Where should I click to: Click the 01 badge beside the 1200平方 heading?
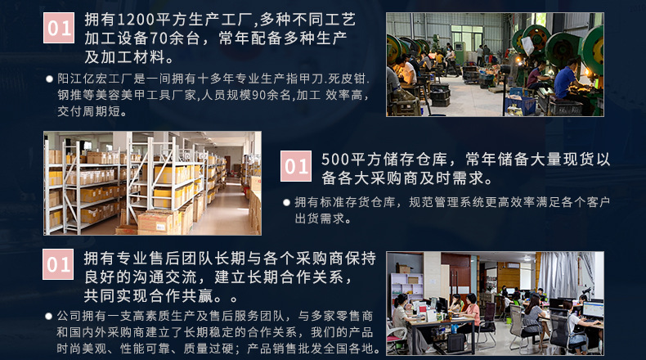point(59,28)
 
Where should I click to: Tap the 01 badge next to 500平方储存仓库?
point(296,166)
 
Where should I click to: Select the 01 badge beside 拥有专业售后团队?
point(58,264)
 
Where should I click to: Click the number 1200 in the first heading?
point(134,20)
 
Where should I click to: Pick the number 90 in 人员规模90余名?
point(258,95)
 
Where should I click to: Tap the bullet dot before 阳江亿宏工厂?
point(49,79)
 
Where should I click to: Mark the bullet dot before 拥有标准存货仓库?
point(287,202)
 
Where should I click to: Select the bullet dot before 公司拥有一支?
point(48,317)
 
